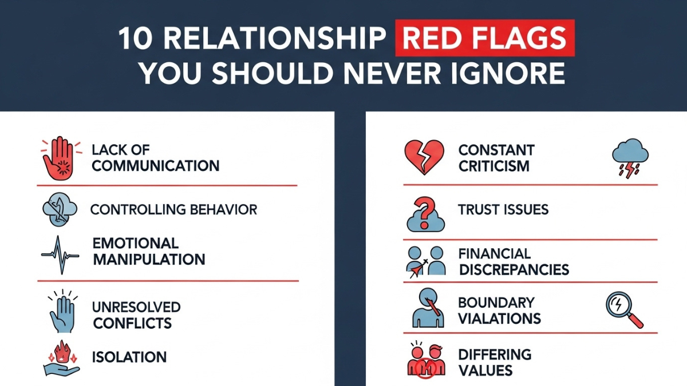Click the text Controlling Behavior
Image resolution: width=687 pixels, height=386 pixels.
(174, 209)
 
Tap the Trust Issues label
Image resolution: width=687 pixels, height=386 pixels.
(503, 210)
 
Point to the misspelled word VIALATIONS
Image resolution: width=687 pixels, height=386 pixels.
(499, 319)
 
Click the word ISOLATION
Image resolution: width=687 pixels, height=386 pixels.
(129, 357)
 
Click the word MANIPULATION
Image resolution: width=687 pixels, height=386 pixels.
(149, 259)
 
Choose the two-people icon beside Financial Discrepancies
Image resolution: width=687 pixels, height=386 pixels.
(426, 261)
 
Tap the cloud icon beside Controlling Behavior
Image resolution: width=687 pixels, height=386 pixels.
(60, 209)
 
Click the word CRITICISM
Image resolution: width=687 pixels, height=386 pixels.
(493, 166)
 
